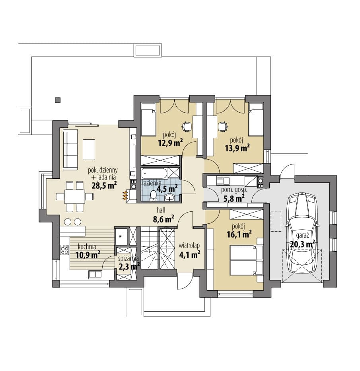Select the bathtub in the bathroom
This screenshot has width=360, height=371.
[155, 174]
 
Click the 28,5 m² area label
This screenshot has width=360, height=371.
[104, 185]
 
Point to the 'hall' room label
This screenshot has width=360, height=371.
[161, 210]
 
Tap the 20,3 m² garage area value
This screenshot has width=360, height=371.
[302, 244]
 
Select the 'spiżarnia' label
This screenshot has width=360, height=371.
[128, 259]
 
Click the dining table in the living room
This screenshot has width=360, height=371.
[75, 196]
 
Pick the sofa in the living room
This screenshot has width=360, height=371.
[70, 149]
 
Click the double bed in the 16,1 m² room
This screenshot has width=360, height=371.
[246, 260]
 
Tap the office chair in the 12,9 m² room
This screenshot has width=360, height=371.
[187, 126]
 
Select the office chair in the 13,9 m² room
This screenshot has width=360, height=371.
[223, 126]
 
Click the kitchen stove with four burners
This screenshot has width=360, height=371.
[64, 250]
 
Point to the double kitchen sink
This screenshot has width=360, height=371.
[95, 274]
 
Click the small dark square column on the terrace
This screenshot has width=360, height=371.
[57, 100]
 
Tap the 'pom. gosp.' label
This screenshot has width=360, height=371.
[234, 190]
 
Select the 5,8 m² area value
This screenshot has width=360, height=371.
[234, 198]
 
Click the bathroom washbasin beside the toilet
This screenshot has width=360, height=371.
[169, 197]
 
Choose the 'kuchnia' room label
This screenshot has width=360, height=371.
[87, 247]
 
